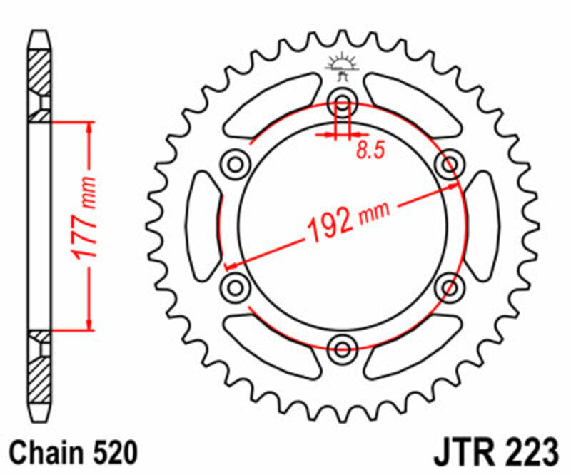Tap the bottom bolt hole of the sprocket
(x=342, y=348)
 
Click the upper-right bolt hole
(x=450, y=164)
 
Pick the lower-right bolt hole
(x=450, y=287)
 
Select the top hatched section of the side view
(x=40, y=72)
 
